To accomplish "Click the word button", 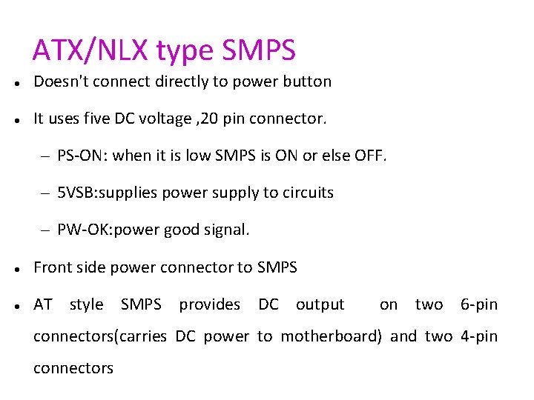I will pos(306,81).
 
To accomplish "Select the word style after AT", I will pos(86,304).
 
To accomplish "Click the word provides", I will pos(209,304).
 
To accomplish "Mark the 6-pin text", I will pos(479,304).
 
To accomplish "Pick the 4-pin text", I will pos(479,336).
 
